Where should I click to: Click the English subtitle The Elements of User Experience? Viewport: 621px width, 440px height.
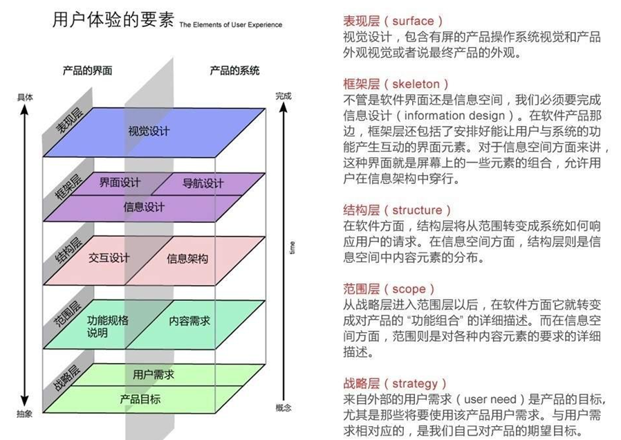point(231,25)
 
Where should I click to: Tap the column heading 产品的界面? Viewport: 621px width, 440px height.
point(87,71)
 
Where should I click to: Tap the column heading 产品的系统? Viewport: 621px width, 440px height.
point(234,71)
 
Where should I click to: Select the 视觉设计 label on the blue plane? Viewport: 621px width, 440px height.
point(149,131)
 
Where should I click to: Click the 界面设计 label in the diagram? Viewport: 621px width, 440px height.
point(119,183)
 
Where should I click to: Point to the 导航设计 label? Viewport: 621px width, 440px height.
point(203,183)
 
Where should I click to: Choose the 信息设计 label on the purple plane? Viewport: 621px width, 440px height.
point(144,207)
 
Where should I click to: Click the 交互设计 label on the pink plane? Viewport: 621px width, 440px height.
point(109,257)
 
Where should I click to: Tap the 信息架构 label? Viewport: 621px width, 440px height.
point(187,259)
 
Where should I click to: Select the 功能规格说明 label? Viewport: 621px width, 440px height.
point(107,327)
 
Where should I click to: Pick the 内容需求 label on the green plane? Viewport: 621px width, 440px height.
point(189,321)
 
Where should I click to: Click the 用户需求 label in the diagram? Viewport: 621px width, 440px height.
point(153,374)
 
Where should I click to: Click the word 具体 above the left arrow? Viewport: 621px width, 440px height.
point(25,98)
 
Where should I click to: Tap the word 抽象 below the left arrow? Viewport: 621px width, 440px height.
point(25,414)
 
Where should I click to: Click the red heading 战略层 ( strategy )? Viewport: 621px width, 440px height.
point(395,383)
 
